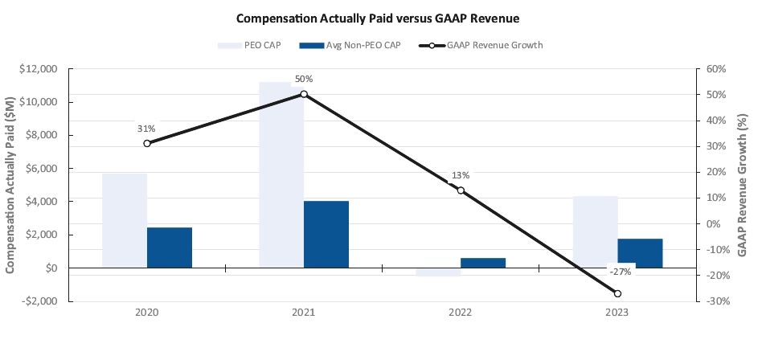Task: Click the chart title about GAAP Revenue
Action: coord(381,17)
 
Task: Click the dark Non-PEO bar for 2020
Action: coord(170,247)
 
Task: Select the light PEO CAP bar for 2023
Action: coord(596,231)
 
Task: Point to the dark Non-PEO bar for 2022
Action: coord(483,263)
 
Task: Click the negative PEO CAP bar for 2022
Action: coord(438,272)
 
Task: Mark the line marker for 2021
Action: coord(304,94)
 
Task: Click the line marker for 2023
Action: coord(617,293)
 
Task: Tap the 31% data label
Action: coord(146,129)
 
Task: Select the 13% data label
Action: coord(460,175)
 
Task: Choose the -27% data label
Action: coord(619,272)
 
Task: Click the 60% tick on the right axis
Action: coord(713,69)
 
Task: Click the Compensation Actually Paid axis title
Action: coord(11,185)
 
